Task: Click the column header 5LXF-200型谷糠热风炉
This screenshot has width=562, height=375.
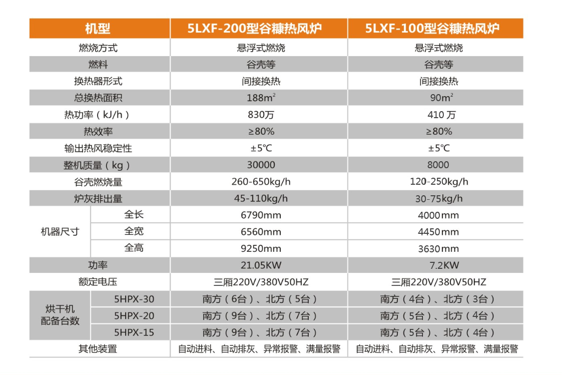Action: (259, 29)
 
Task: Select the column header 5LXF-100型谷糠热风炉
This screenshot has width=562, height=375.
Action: (435, 29)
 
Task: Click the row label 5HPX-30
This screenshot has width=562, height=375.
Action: (134, 299)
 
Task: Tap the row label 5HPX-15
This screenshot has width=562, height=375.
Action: (134, 332)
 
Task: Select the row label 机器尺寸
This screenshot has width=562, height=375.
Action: (60, 232)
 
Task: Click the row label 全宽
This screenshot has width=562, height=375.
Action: (134, 232)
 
